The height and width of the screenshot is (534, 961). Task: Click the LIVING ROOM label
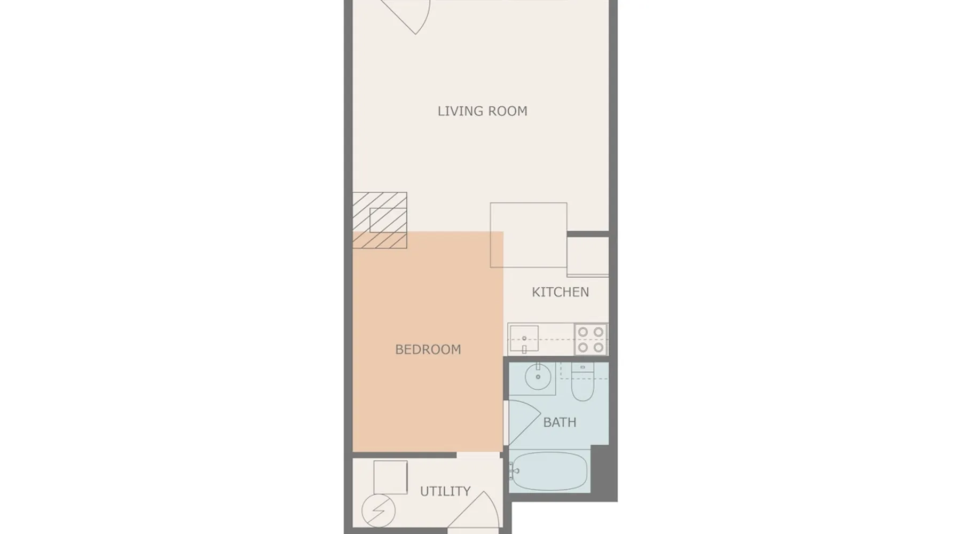(x=482, y=111)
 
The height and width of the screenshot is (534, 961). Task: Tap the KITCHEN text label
(x=560, y=292)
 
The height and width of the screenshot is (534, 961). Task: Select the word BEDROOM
(x=428, y=349)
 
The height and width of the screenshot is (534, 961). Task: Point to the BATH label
(x=560, y=422)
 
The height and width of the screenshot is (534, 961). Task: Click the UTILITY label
(x=445, y=491)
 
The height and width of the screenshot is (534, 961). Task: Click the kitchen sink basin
(x=524, y=339)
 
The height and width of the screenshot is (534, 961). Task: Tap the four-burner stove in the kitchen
(x=591, y=340)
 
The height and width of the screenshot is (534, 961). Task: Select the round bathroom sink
(x=538, y=377)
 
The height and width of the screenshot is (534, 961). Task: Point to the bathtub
(x=549, y=471)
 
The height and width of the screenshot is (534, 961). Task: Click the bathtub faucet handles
(x=514, y=471)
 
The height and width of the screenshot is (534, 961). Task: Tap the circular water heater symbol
(x=379, y=511)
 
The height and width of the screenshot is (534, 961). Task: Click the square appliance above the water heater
(x=390, y=477)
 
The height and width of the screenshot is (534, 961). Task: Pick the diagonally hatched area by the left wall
(x=380, y=221)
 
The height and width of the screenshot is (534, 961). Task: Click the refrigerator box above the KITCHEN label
(x=588, y=256)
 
